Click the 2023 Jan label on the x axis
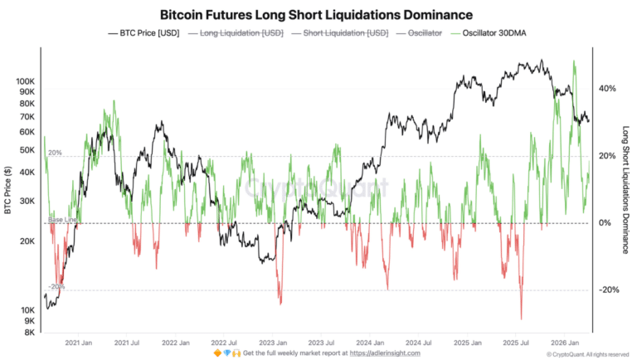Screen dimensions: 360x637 273,342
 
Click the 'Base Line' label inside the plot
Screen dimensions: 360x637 62,219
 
